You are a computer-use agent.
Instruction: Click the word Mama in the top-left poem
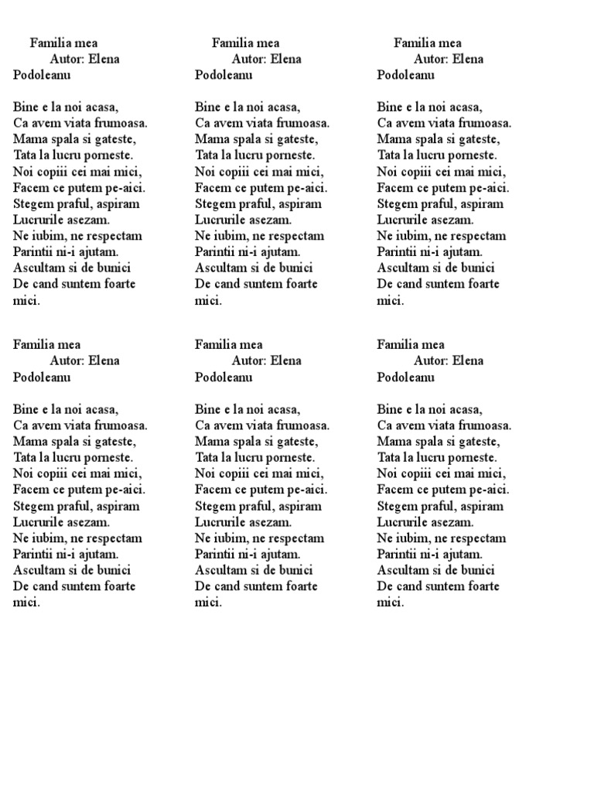28,139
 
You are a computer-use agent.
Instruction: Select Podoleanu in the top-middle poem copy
223,75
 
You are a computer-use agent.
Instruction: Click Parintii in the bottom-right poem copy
398,554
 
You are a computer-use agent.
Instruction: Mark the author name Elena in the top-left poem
104,59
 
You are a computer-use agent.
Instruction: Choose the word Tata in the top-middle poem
207,155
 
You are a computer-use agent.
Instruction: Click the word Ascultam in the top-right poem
403,268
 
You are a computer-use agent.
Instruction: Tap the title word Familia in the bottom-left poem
35,345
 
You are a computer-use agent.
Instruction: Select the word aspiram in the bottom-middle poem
296,507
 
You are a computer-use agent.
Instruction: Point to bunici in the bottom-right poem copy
477,570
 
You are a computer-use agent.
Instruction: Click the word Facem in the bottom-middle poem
213,490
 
